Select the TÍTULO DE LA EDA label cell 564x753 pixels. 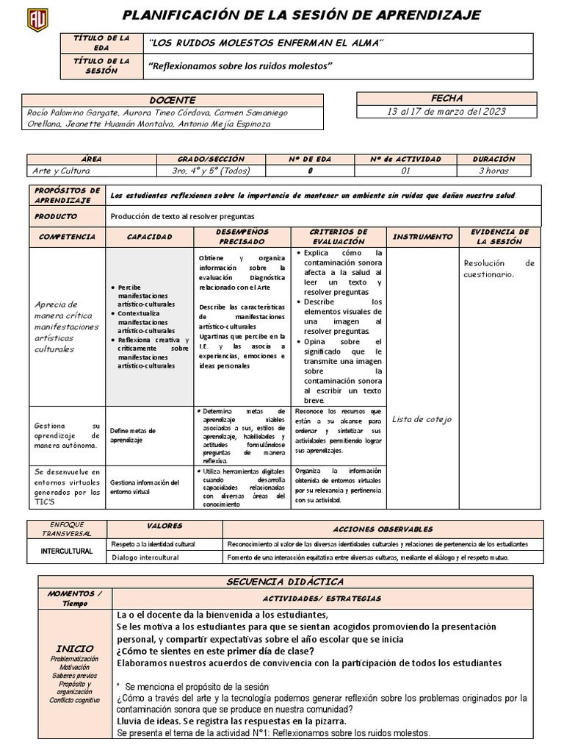pos(102,43)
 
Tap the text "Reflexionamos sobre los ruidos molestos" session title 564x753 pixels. pos(241,66)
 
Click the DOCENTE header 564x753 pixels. pos(173,100)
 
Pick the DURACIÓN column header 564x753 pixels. pos(493,159)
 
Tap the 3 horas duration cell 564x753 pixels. pos(493,170)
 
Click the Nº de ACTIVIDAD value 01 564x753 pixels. pos(405,170)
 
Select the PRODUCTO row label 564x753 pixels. pos(56,217)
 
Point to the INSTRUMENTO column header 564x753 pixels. pos(422,237)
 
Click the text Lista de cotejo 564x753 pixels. pos(422,419)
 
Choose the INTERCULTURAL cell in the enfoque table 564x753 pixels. pos(66,551)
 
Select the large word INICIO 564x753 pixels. pos(75,649)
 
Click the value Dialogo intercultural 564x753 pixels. pos(145,557)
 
